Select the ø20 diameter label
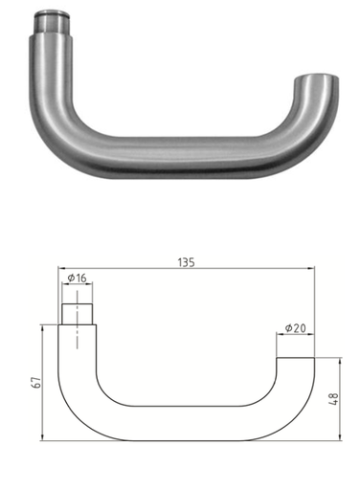tap(297, 328)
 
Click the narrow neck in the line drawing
tap(79, 314)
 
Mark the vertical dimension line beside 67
tap(43, 383)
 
